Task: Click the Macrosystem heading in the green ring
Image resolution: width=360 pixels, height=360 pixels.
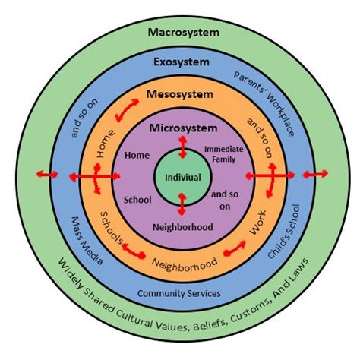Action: tap(183, 32)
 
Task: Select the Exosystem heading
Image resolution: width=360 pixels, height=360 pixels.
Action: tap(183, 62)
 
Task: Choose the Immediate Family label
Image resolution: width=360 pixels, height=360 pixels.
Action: tap(223, 154)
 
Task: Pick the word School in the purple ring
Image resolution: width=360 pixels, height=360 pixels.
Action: tap(137, 200)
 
